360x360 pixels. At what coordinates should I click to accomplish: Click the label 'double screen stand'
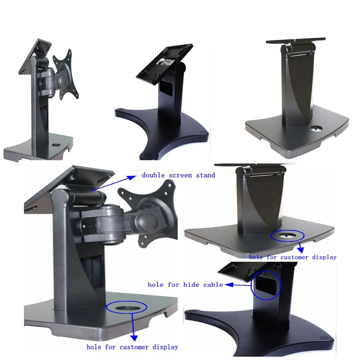[178, 175]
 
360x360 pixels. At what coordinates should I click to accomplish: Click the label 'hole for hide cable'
[185, 284]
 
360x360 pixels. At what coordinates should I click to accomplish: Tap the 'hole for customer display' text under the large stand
[132, 347]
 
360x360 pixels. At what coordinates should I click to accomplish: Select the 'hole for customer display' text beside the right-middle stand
[292, 257]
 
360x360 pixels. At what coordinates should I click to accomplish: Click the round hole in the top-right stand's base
[315, 128]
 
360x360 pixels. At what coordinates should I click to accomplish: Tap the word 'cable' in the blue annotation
[213, 284]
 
